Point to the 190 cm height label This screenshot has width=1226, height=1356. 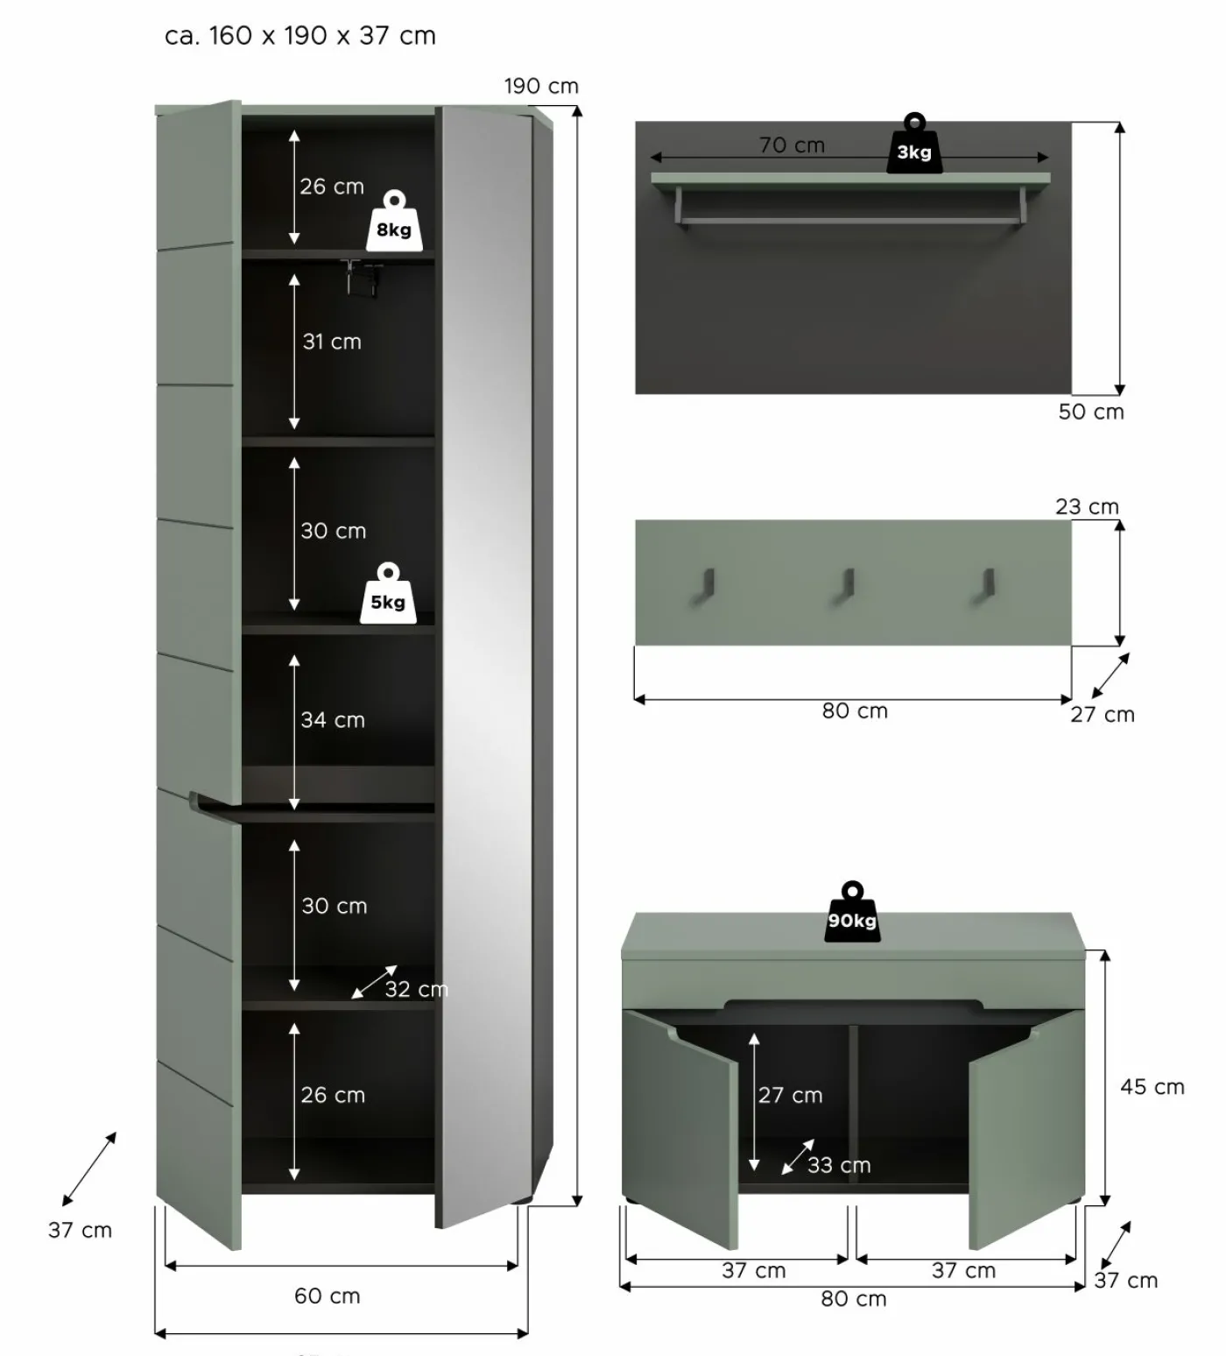coord(541,86)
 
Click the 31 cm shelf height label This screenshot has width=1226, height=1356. coord(332,342)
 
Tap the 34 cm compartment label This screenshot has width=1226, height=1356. coord(333,720)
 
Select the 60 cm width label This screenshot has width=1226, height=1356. coord(328,1296)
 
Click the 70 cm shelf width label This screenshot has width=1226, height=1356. coord(793,145)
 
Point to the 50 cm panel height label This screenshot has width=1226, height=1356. coord(1091,412)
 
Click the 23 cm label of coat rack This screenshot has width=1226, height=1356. coord(1087,506)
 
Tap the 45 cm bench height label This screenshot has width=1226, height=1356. coord(1152,1087)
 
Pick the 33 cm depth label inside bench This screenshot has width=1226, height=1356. coord(839,1165)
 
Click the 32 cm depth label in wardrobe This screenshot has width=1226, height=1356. coord(417,989)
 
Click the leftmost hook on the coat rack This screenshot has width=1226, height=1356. coord(703,586)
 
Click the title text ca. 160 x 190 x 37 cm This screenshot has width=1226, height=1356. coord(300,36)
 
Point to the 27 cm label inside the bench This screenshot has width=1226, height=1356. coord(791,1095)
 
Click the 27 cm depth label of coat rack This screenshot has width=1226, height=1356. coord(1103,715)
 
